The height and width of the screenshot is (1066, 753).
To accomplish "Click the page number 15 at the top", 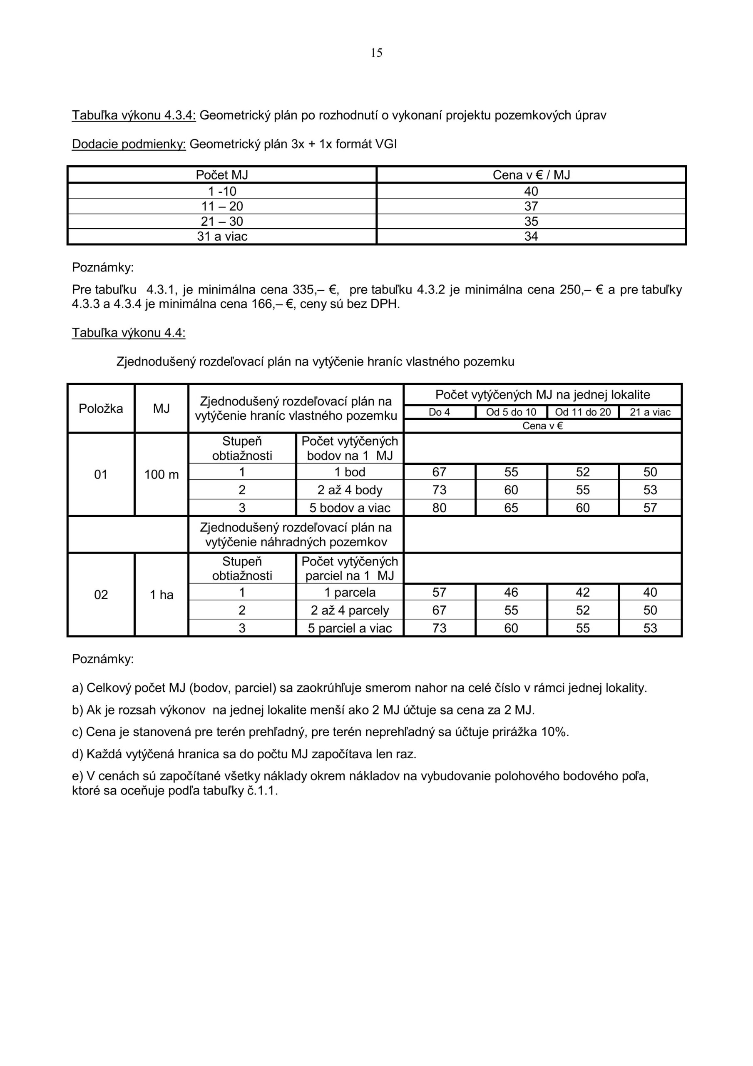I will [376, 53].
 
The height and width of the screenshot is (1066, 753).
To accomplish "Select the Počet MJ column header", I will [222, 175].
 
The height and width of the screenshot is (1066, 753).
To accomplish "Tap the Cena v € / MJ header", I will [531, 175].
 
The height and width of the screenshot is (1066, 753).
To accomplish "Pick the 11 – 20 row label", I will [222, 207].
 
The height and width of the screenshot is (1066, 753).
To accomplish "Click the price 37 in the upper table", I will [531, 207].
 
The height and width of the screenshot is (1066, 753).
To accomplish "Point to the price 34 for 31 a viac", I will [531, 237].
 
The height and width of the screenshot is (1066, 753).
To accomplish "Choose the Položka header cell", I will [101, 408].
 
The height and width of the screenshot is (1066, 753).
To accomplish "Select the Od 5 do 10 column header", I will [511, 412].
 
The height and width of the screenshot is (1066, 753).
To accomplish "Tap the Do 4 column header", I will [439, 412].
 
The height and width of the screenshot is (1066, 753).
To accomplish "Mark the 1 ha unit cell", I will [162, 595].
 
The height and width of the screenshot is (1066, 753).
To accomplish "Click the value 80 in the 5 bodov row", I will [439, 508].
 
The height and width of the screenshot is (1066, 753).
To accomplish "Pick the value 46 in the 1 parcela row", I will [511, 593].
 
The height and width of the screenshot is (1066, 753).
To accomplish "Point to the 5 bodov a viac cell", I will [350, 508].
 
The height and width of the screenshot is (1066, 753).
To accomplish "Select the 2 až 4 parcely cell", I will [350, 610].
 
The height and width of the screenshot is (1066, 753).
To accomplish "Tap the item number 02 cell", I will [101, 595].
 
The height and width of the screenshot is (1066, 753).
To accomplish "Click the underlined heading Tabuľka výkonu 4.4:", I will [129, 333].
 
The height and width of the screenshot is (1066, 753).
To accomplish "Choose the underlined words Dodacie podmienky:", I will [129, 144].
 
